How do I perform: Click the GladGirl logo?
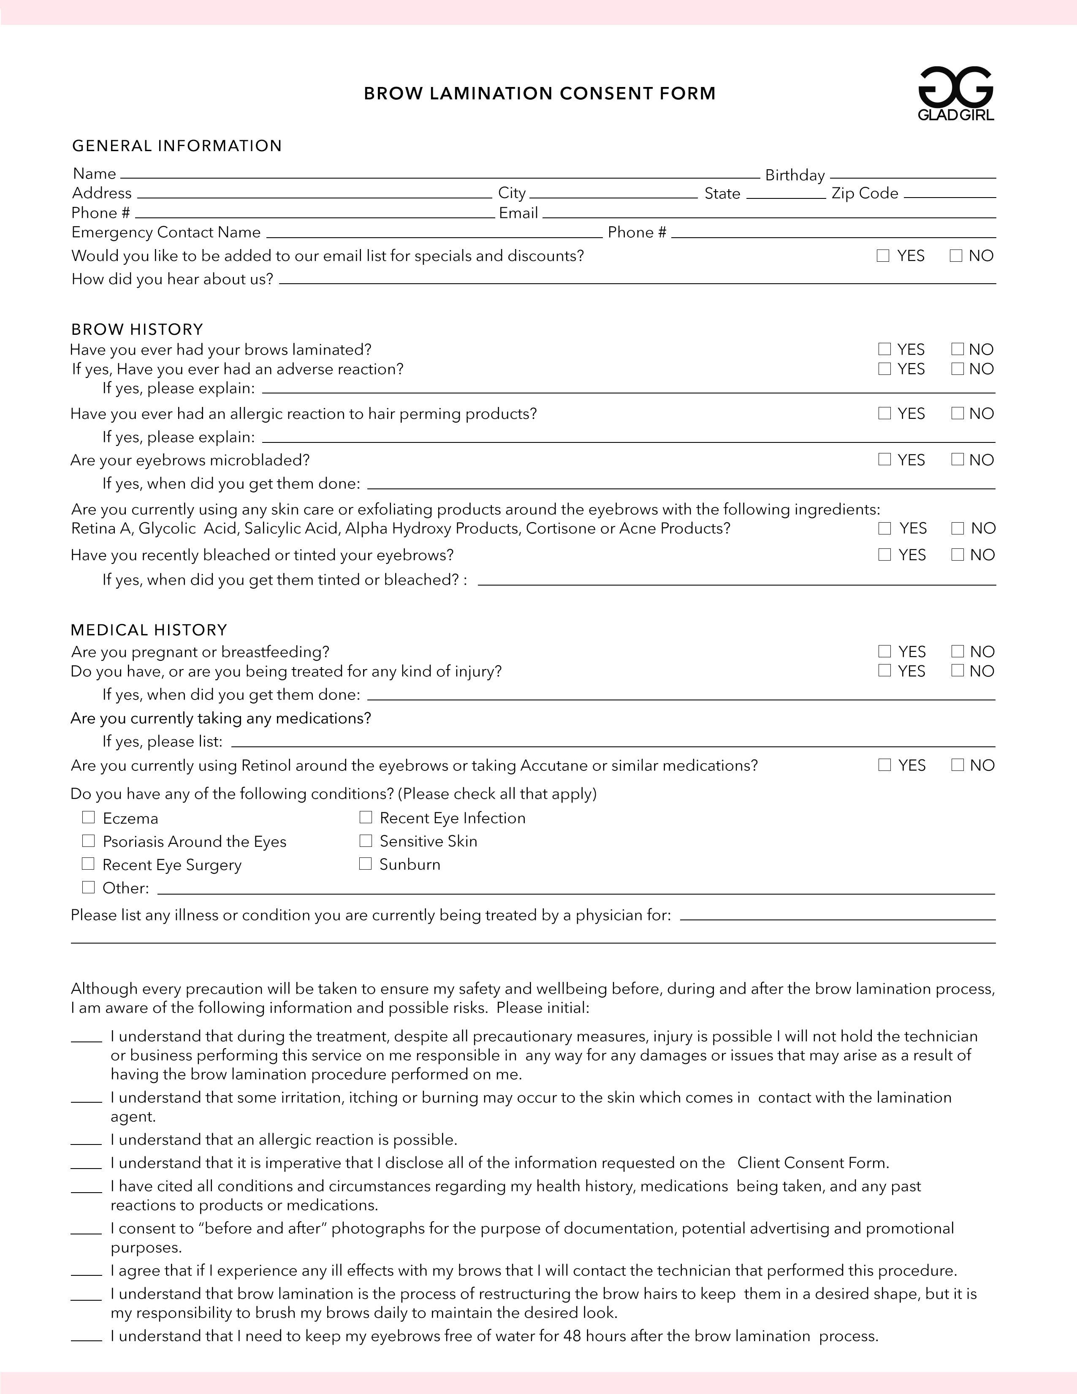click(x=956, y=94)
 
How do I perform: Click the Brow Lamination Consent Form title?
click(x=540, y=94)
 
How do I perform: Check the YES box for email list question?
click(x=883, y=256)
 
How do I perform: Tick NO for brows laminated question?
click(x=957, y=349)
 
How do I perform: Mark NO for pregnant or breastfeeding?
click(x=957, y=651)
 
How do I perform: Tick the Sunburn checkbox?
click(x=365, y=864)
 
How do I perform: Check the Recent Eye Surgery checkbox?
click(x=88, y=864)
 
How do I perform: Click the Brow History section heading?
click(x=137, y=329)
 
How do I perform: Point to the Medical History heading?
click(x=149, y=630)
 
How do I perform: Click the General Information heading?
click(x=177, y=146)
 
